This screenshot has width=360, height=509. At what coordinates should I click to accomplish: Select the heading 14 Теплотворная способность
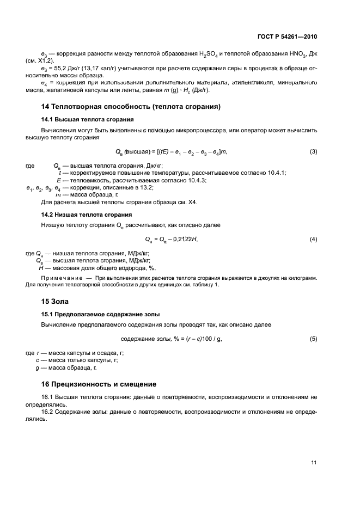[131, 107]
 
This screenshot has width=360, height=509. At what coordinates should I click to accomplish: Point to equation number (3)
[313, 151]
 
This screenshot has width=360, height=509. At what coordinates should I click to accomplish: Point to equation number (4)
[313, 240]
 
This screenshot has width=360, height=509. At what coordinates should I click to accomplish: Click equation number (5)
[313, 339]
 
